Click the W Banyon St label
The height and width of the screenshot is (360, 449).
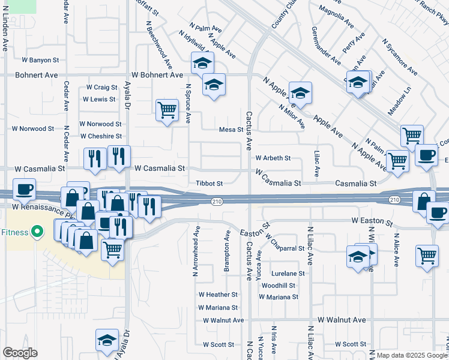(x=40, y=60)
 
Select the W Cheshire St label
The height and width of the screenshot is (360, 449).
(x=102, y=137)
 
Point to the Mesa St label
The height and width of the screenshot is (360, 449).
(x=231, y=130)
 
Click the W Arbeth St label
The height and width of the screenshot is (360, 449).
(x=273, y=158)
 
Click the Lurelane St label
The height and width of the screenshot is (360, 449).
(x=288, y=273)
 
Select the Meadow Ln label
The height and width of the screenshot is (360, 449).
(x=399, y=95)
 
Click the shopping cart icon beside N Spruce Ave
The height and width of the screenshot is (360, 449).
(x=166, y=109)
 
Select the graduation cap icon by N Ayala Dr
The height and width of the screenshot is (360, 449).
(x=107, y=339)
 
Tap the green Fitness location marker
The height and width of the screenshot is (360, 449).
(x=37, y=231)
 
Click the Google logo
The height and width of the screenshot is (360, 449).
(x=20, y=353)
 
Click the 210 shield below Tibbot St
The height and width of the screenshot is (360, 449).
(x=217, y=202)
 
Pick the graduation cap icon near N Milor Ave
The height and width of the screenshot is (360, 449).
(x=300, y=92)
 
